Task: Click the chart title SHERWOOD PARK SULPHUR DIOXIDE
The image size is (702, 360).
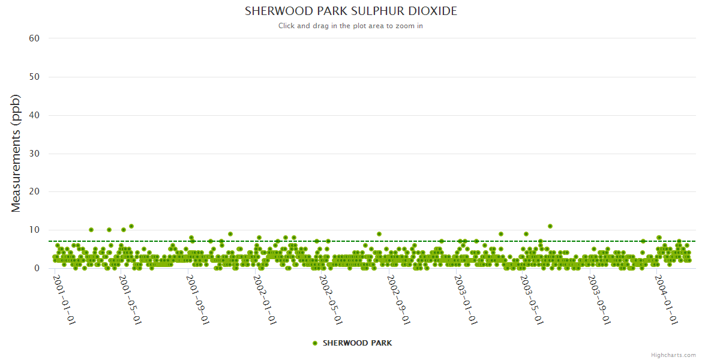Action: point(351,11)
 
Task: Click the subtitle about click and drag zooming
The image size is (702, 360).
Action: point(351,26)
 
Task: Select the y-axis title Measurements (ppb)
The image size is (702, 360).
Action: point(16,153)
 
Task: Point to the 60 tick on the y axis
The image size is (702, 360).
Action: point(34,38)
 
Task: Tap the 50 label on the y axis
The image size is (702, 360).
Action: point(34,77)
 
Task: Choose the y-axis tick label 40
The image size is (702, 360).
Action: point(34,115)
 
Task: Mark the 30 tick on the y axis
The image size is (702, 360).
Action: point(34,154)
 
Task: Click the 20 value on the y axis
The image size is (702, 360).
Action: point(34,192)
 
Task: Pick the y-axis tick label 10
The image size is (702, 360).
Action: point(34,230)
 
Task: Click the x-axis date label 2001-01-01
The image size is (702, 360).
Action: point(64,299)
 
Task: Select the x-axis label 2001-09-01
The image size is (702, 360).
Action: point(198,299)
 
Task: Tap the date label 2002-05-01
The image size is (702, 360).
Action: point(331,299)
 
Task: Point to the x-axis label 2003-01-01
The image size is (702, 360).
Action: point(466,299)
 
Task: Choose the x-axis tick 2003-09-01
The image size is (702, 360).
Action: point(599,299)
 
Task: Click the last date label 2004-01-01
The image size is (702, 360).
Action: point(667,299)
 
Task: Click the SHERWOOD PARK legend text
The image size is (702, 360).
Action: point(358,343)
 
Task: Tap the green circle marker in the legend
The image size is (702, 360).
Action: point(315,343)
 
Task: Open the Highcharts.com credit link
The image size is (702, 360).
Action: point(673,355)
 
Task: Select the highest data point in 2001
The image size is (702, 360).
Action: point(131,226)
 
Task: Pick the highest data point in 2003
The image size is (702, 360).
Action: point(550,226)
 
